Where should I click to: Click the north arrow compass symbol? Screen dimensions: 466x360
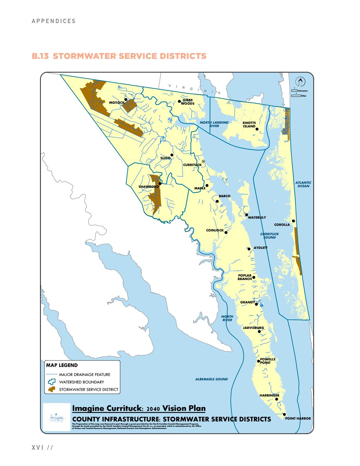(300, 82)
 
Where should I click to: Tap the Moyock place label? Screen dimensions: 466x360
(117, 102)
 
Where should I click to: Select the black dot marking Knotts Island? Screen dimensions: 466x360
(257, 129)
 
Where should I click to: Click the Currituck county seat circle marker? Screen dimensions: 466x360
(203, 161)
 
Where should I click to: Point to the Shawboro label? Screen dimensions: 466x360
(149, 187)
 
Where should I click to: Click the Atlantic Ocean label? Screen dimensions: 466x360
(303, 184)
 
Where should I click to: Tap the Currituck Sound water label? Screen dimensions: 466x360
(269, 235)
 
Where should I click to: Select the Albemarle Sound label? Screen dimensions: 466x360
(211, 379)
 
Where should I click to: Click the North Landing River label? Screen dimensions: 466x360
(214, 124)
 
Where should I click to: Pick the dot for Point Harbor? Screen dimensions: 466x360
(284, 414)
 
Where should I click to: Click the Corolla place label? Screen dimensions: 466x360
(282, 225)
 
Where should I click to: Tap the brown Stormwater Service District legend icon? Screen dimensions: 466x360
(52, 389)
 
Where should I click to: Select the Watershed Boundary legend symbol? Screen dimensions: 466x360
(52, 382)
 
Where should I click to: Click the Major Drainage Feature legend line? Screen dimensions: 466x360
(52, 374)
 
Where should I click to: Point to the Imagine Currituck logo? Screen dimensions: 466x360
(56, 417)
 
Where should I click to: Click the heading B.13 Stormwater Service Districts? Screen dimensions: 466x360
(119, 56)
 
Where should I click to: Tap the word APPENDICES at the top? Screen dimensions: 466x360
(54, 21)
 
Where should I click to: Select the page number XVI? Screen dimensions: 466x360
(38, 448)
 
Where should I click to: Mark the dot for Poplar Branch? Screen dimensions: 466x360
(254, 277)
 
